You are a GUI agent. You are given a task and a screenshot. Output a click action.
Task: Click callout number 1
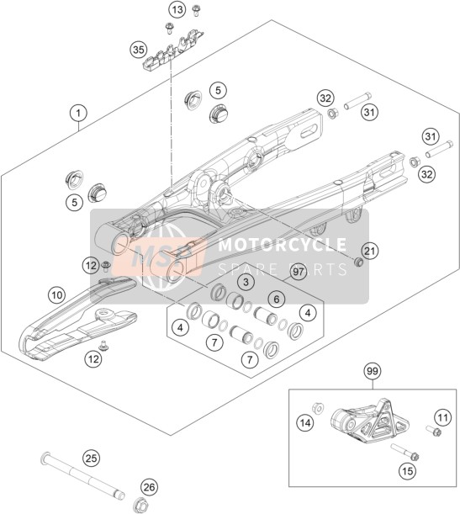click(78, 114)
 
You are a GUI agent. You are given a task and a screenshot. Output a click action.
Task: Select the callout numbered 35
click(138, 50)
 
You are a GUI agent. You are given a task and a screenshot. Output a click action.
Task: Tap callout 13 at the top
click(177, 10)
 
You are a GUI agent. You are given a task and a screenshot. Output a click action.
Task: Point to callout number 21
click(369, 251)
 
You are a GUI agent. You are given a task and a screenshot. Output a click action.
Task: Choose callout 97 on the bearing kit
click(299, 272)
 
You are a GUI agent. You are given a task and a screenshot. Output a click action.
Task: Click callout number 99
click(373, 371)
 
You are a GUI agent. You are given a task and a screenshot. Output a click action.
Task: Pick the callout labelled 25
click(92, 458)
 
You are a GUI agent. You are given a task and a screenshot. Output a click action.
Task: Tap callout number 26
click(149, 487)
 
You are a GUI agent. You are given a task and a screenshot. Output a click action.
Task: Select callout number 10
click(56, 295)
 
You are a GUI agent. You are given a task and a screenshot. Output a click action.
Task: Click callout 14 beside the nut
click(305, 423)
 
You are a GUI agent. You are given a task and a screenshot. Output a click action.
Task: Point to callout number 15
click(408, 471)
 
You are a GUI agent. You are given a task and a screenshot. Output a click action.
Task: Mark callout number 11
click(442, 417)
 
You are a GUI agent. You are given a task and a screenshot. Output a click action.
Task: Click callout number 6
click(277, 299)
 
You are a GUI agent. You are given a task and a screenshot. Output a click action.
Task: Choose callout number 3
click(246, 281)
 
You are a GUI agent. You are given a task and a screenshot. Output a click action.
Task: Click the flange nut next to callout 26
click(140, 503)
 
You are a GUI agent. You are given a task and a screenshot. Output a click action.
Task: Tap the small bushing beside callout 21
click(359, 262)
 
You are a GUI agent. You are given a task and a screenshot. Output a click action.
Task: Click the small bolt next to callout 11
click(433, 431)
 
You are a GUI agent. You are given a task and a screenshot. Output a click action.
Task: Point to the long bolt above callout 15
click(405, 452)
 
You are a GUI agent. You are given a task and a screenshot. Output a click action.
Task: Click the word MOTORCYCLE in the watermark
click(282, 244)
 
